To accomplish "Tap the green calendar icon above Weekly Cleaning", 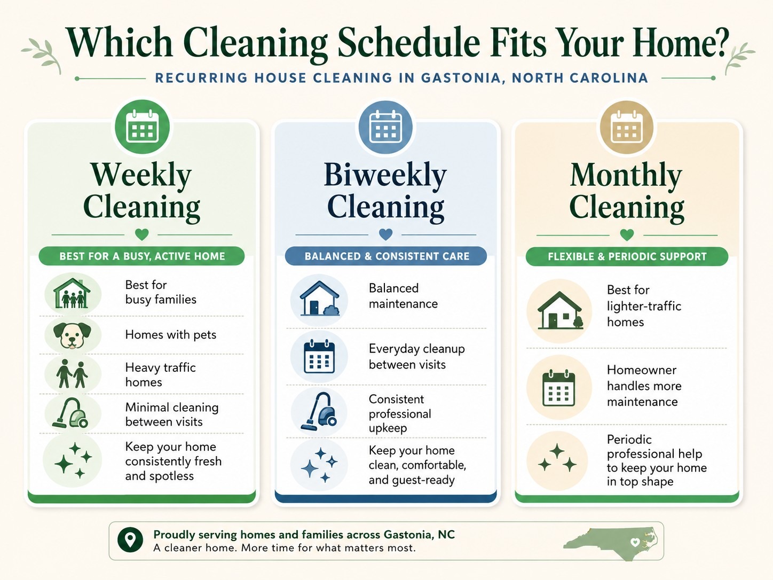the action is click(143, 127).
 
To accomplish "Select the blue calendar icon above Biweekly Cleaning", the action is click(385, 127).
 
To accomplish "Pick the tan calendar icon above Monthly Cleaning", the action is click(627, 127).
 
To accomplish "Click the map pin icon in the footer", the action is click(130, 539).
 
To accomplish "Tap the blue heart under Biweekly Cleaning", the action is click(385, 234).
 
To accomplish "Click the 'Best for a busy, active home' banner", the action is click(141, 256).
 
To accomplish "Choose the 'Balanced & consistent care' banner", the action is click(386, 256).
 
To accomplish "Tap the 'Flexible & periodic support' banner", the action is click(627, 256).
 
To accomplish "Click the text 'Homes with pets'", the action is click(171, 334).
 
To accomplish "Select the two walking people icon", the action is click(72, 374).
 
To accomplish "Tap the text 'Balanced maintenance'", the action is click(403, 296).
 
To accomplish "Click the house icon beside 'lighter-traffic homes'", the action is click(559, 310).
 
